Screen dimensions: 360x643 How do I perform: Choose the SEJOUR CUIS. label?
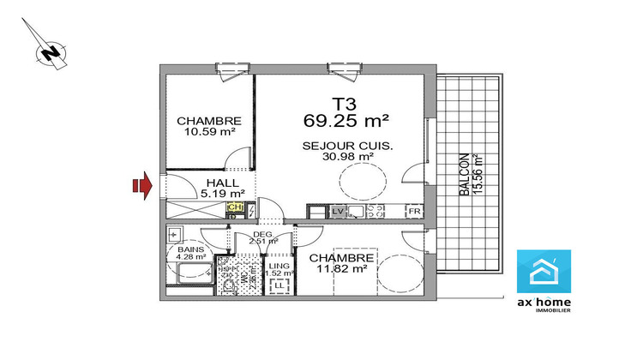pyautogui.click(x=347, y=146)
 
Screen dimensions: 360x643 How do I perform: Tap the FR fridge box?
pyautogui.click(x=413, y=211)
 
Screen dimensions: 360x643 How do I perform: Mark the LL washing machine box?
pyautogui.click(x=279, y=285)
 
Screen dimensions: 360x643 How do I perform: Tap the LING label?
pyautogui.click(x=279, y=266)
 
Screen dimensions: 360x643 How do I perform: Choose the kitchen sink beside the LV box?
pyautogui.click(x=356, y=211)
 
